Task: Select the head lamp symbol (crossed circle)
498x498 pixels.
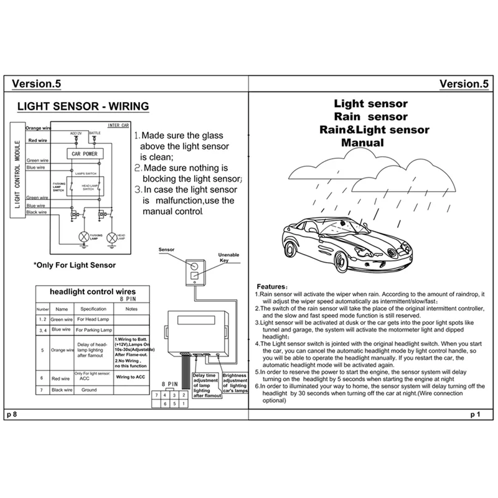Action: [113, 237]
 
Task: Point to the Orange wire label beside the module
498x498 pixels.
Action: [38, 128]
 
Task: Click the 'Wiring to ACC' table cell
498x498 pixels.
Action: [131, 377]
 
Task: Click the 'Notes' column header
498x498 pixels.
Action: [131, 309]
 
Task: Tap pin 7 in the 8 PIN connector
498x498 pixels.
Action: [160, 396]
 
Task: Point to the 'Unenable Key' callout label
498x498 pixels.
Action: [228, 258]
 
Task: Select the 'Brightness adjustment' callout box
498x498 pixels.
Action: [233, 385]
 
